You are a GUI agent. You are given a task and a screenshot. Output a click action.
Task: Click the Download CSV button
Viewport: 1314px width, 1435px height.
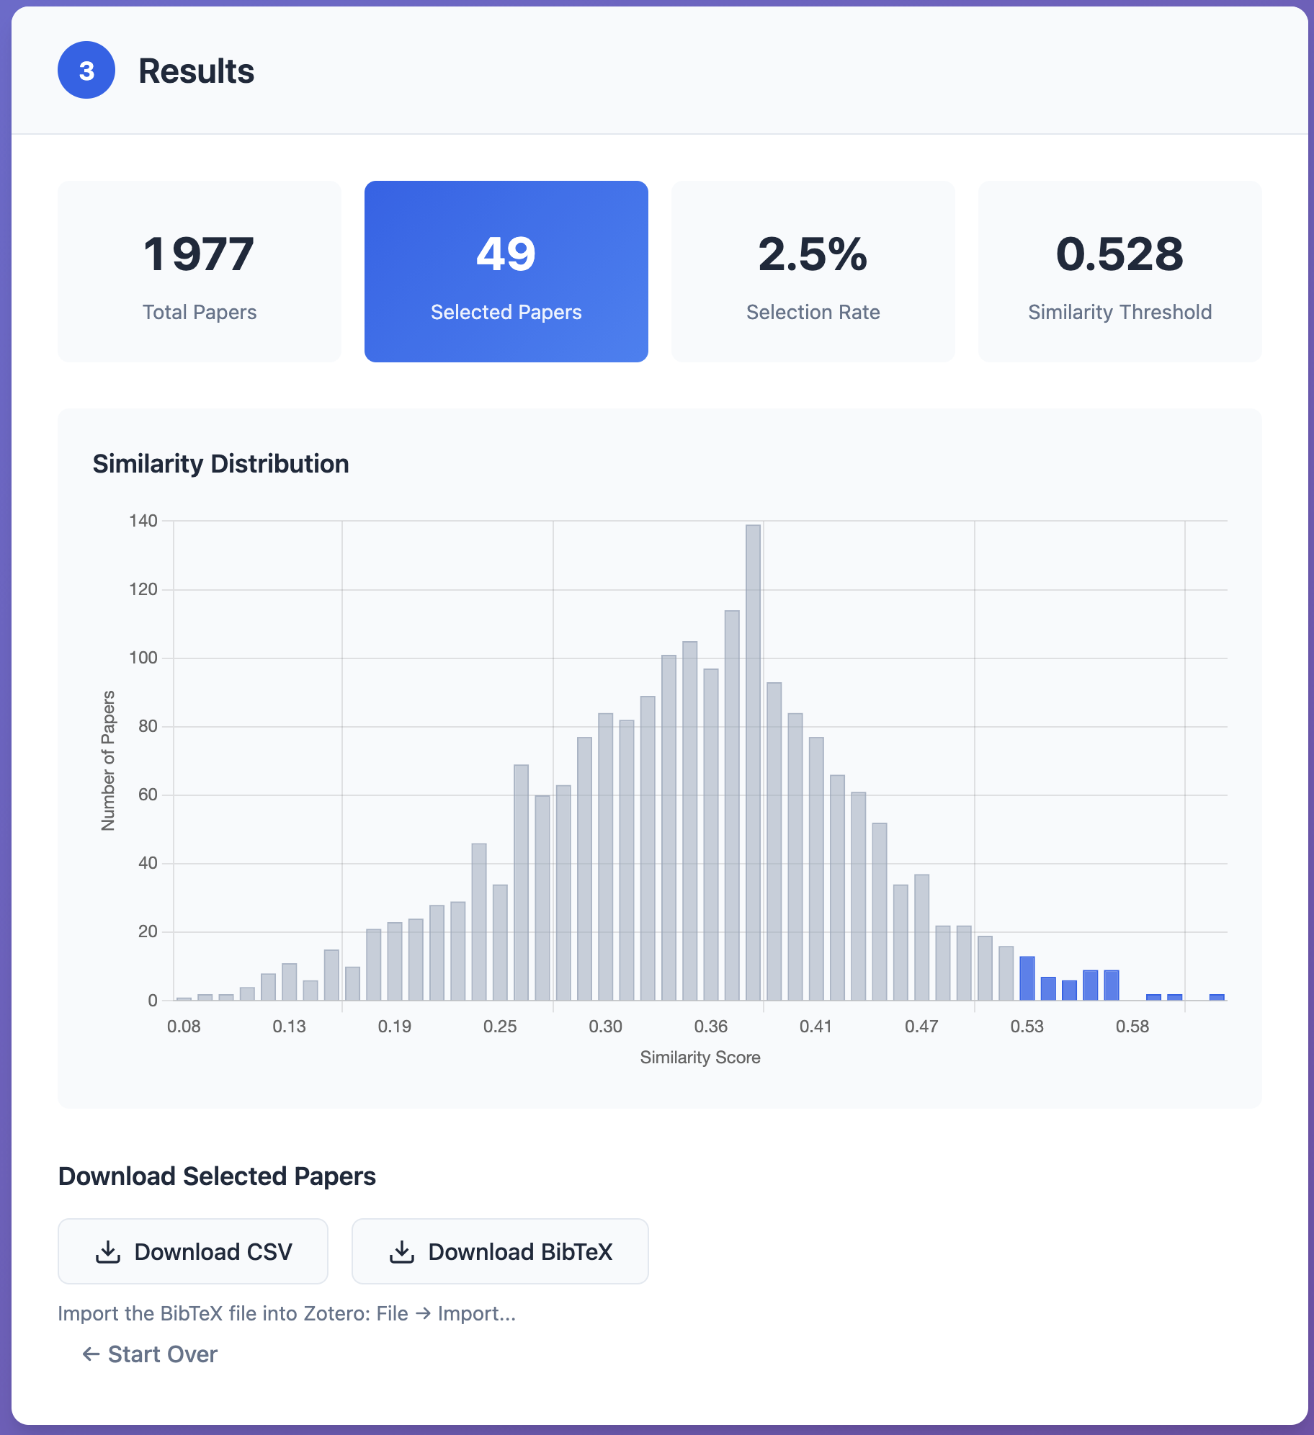coord(193,1251)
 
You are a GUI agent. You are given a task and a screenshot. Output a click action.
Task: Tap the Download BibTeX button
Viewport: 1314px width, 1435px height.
coord(500,1251)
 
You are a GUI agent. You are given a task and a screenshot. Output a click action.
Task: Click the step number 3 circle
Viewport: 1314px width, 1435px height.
coord(86,71)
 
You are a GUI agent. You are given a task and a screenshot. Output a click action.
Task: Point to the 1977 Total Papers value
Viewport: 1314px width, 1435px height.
coord(199,254)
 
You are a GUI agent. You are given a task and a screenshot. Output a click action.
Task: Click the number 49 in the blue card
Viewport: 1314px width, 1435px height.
coord(506,254)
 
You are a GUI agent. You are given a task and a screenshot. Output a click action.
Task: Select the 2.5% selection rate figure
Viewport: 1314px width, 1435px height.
coord(813,254)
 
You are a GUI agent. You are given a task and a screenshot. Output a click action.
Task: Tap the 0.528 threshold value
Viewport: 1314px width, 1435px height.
coord(1119,254)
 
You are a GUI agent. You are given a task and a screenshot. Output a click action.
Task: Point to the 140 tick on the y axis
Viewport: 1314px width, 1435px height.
coord(143,521)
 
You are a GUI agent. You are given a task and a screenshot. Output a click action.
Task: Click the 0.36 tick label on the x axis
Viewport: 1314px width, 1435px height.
coord(710,1027)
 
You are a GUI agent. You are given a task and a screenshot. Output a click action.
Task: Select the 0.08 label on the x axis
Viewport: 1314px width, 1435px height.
coord(184,1027)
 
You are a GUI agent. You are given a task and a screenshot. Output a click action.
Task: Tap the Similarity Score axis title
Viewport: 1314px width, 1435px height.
coord(700,1058)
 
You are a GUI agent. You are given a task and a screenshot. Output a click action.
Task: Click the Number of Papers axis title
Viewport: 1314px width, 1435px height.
coord(108,761)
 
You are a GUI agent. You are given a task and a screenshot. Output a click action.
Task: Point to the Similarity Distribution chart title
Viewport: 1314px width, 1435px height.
coord(220,464)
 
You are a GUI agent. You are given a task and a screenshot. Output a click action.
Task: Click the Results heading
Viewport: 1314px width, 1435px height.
coord(196,71)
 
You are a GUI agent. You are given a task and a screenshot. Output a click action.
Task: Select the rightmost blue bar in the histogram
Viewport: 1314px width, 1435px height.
coord(1217,997)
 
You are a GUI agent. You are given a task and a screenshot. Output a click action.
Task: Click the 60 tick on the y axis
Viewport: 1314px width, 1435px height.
coord(148,795)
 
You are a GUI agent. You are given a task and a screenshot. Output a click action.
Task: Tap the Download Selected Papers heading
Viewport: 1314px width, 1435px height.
coord(217,1176)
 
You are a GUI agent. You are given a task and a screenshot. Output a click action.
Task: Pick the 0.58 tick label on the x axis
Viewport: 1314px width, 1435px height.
coord(1132,1027)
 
